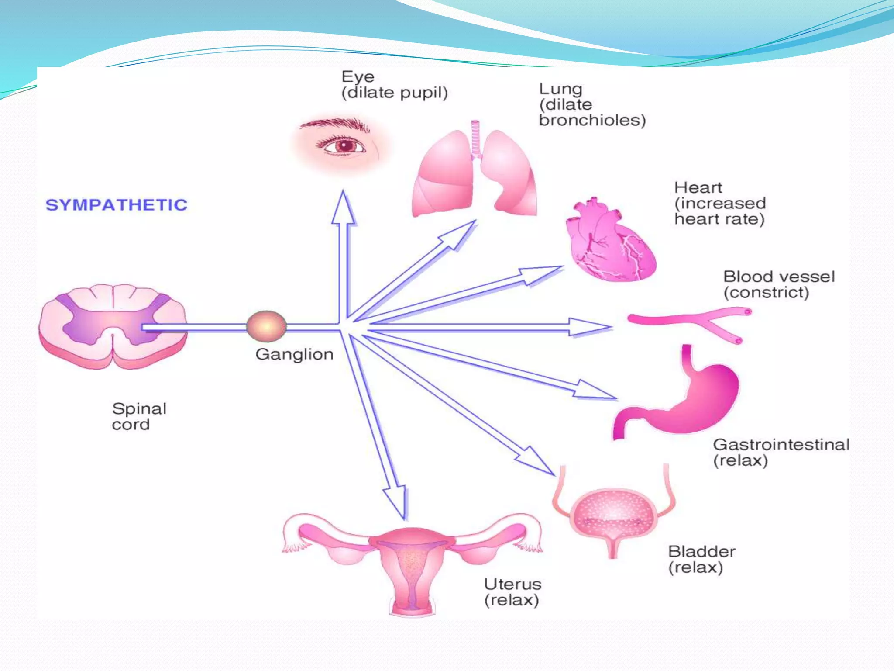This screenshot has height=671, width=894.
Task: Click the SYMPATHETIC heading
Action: pos(117,205)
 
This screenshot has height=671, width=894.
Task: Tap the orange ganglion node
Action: pos(266,326)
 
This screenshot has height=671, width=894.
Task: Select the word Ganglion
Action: pos(294,354)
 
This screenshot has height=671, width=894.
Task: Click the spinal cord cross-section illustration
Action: pos(113,325)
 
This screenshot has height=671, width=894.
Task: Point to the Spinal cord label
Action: pos(139,416)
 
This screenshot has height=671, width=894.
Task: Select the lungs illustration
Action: pos(475,175)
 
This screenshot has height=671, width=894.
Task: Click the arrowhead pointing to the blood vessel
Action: pos(589,326)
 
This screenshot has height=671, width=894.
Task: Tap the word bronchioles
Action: pos(591,120)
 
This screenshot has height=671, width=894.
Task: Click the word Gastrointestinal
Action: pos(781,445)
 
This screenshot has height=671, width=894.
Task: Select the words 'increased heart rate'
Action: pos(720,211)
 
